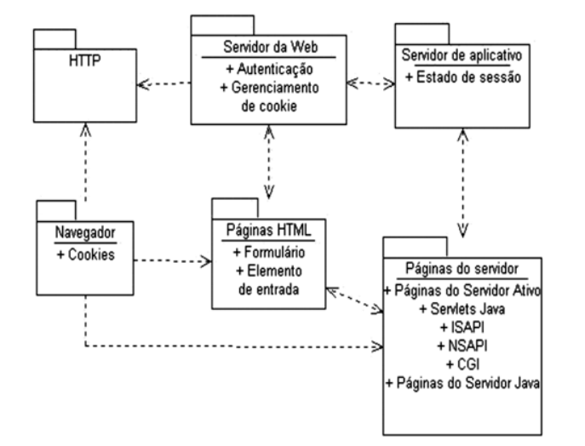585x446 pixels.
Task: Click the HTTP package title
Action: tap(83, 64)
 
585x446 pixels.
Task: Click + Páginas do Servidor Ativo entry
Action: tap(462, 290)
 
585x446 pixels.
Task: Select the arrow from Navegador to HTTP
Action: tap(85, 162)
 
